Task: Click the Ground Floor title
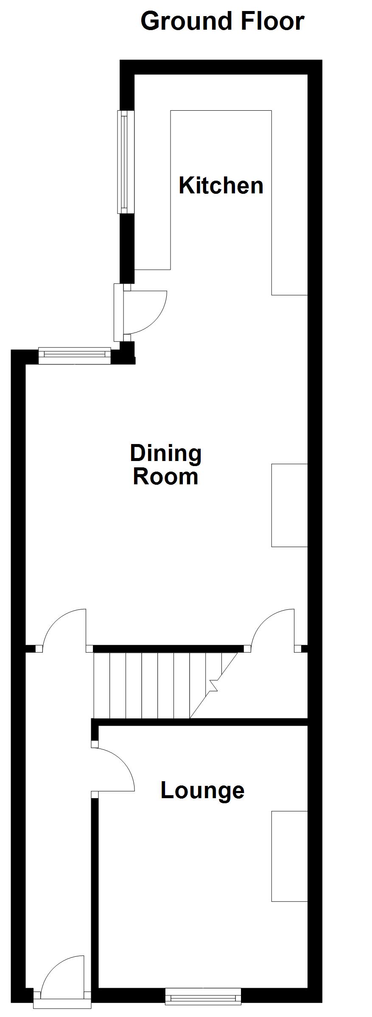(222, 21)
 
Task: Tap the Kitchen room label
(221, 185)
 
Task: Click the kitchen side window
(123, 162)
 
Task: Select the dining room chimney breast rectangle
(289, 505)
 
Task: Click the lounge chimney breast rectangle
(289, 856)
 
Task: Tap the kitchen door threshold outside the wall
(117, 313)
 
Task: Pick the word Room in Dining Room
(166, 476)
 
